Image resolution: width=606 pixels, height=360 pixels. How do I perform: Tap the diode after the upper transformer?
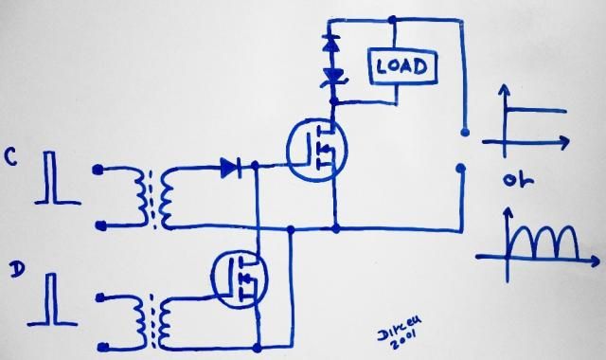[230, 168]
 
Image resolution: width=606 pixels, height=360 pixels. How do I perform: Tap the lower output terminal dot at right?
[462, 171]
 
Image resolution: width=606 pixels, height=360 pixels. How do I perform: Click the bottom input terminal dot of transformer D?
[98, 345]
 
